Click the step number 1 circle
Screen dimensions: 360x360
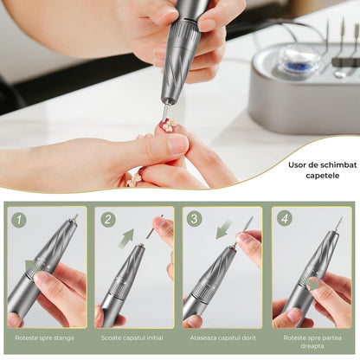19,220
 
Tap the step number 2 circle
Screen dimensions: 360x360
108,220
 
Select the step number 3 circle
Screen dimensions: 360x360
194,219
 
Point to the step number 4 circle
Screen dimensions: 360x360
285,219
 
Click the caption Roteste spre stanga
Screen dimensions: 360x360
45,337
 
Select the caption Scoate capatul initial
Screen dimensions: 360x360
132,337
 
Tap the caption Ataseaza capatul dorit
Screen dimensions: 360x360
223,337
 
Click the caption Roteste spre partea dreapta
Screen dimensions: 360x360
312,342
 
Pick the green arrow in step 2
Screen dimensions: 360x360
127,238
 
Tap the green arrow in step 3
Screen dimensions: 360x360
224,230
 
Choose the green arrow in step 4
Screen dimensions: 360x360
313,284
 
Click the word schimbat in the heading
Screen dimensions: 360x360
342,165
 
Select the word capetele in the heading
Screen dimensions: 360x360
323,176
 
